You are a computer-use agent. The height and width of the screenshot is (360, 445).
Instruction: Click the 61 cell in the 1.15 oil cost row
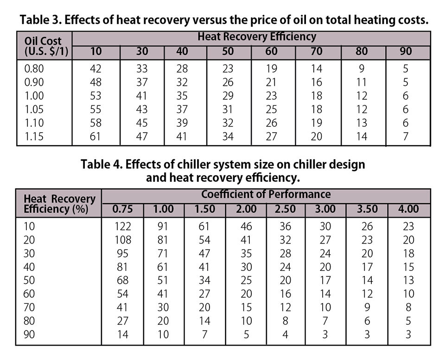[x=95, y=136]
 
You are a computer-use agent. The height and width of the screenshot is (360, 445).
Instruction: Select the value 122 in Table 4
[x=123, y=226]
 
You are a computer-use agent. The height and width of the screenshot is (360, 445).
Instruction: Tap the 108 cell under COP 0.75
[x=123, y=240]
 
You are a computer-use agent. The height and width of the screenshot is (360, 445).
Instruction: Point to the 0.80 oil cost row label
[x=35, y=69]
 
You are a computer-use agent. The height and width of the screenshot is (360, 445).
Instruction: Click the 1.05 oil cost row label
[x=35, y=109]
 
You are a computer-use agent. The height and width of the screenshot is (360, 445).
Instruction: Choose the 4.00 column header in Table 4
[x=408, y=209]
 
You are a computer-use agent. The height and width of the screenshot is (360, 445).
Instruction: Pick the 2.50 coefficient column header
[x=285, y=209]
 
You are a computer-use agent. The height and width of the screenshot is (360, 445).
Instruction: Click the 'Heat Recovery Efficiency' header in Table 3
[x=257, y=37]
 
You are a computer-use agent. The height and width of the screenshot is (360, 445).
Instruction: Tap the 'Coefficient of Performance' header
[x=266, y=194]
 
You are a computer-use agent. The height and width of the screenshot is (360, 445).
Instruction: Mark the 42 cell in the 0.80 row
[x=95, y=69]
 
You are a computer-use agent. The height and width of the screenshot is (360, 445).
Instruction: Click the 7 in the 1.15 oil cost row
[x=406, y=136]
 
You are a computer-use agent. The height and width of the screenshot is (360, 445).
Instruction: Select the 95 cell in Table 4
[x=123, y=253]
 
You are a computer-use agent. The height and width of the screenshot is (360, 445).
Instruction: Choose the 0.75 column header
[x=122, y=209]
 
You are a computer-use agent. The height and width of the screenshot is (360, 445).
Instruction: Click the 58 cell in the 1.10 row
[x=95, y=123]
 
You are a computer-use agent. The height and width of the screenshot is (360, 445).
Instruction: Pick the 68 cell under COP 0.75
[x=123, y=280]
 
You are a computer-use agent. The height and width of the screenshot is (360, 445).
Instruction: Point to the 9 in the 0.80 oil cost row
[x=362, y=69]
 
